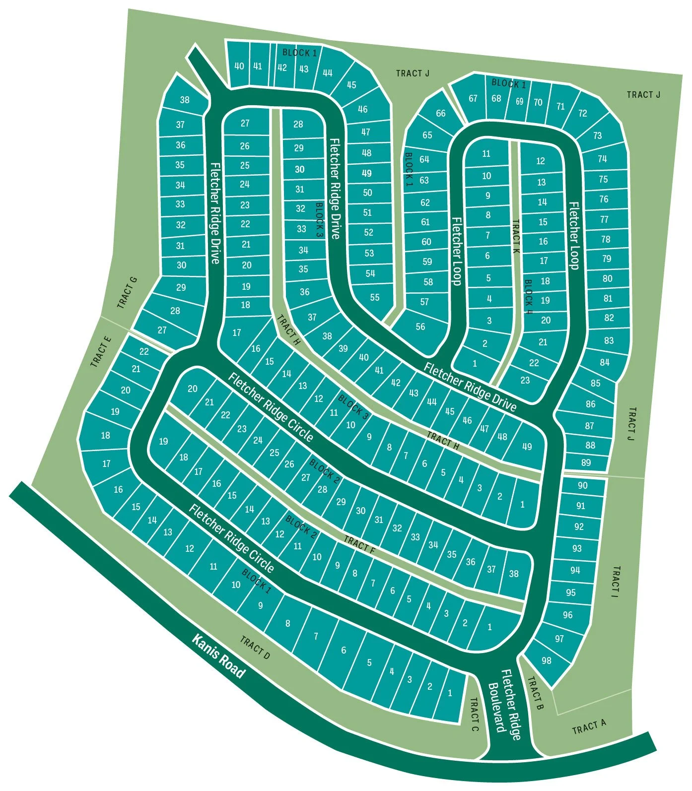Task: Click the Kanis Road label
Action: [218, 656]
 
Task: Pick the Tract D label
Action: [255, 648]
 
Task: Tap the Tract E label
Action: [101, 351]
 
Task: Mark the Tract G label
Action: [127, 293]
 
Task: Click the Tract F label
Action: [359, 544]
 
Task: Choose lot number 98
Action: [547, 660]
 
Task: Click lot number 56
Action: [420, 326]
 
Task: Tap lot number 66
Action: [441, 113]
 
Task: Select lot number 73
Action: [597, 135]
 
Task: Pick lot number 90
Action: [582, 485]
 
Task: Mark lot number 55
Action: [375, 297]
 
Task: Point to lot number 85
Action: [596, 383]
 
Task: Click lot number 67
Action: [473, 98]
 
